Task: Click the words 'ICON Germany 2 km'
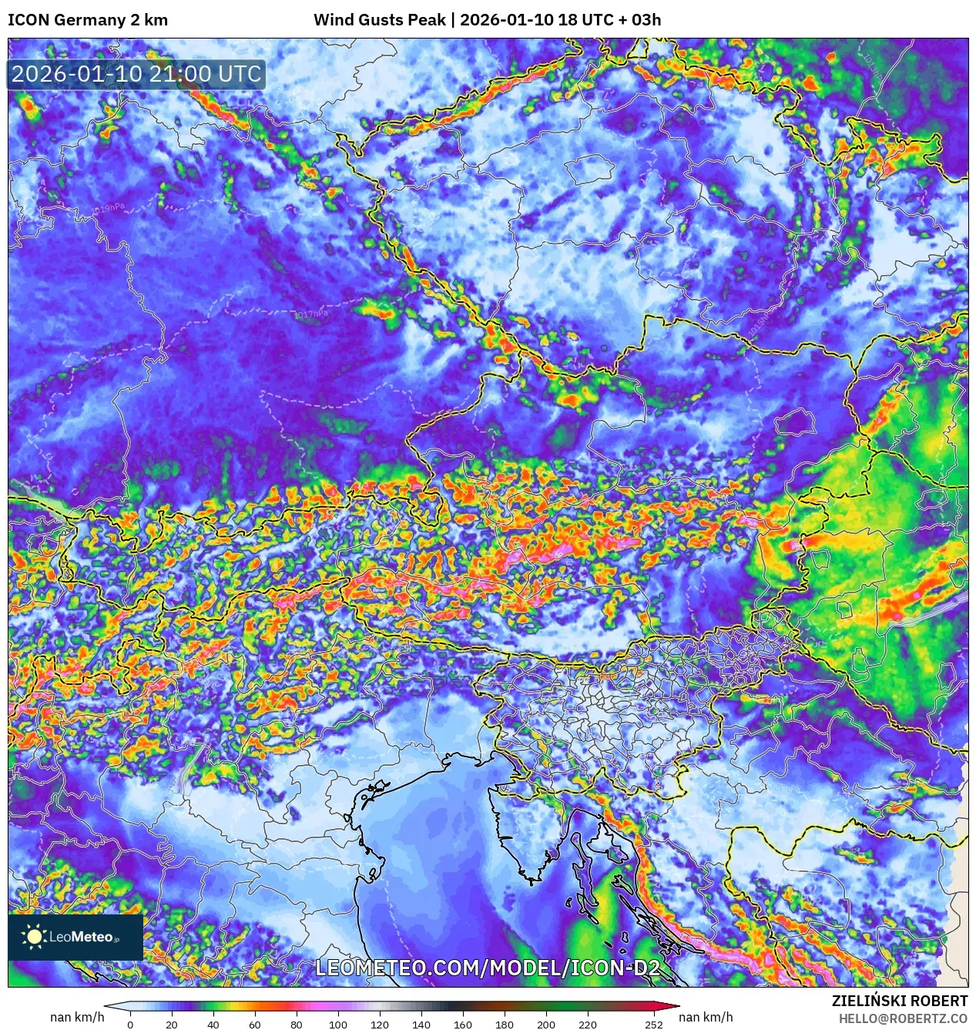click(88, 20)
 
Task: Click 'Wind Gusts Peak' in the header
click(379, 20)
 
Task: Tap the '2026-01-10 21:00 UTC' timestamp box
click(136, 75)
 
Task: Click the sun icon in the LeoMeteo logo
click(34, 937)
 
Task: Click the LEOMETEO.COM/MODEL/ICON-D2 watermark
click(488, 968)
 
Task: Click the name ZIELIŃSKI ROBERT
click(899, 1001)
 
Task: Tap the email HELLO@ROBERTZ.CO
click(903, 1018)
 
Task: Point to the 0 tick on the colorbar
click(130, 1025)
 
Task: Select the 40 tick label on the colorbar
click(213, 1025)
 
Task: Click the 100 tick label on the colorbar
click(338, 1025)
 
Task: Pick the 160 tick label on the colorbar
click(463, 1025)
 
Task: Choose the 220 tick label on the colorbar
click(588, 1025)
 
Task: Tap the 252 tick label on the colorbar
click(654, 1025)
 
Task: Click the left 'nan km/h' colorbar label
click(77, 1017)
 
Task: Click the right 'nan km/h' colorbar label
click(706, 1017)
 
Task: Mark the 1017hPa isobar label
click(311, 314)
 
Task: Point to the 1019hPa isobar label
click(108, 209)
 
